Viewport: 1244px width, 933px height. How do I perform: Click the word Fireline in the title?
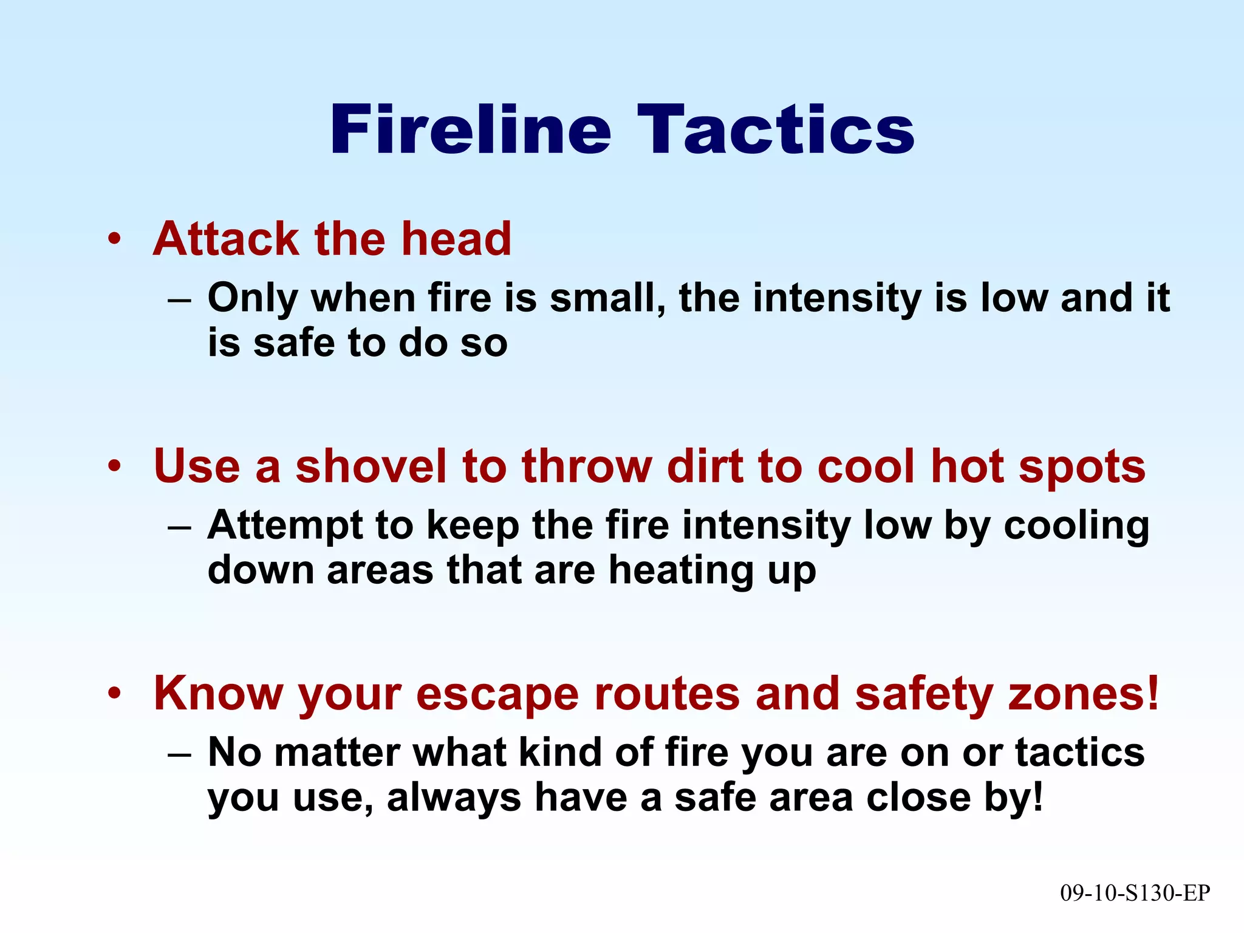470,130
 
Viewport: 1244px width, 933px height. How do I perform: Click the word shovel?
371,466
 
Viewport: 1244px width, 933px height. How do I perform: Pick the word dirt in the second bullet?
704,466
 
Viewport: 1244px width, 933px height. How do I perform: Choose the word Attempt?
285,526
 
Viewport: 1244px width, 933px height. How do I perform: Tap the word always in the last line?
454,798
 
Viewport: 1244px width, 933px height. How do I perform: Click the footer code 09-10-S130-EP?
1135,893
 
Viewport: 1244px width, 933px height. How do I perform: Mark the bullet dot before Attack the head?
114,239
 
